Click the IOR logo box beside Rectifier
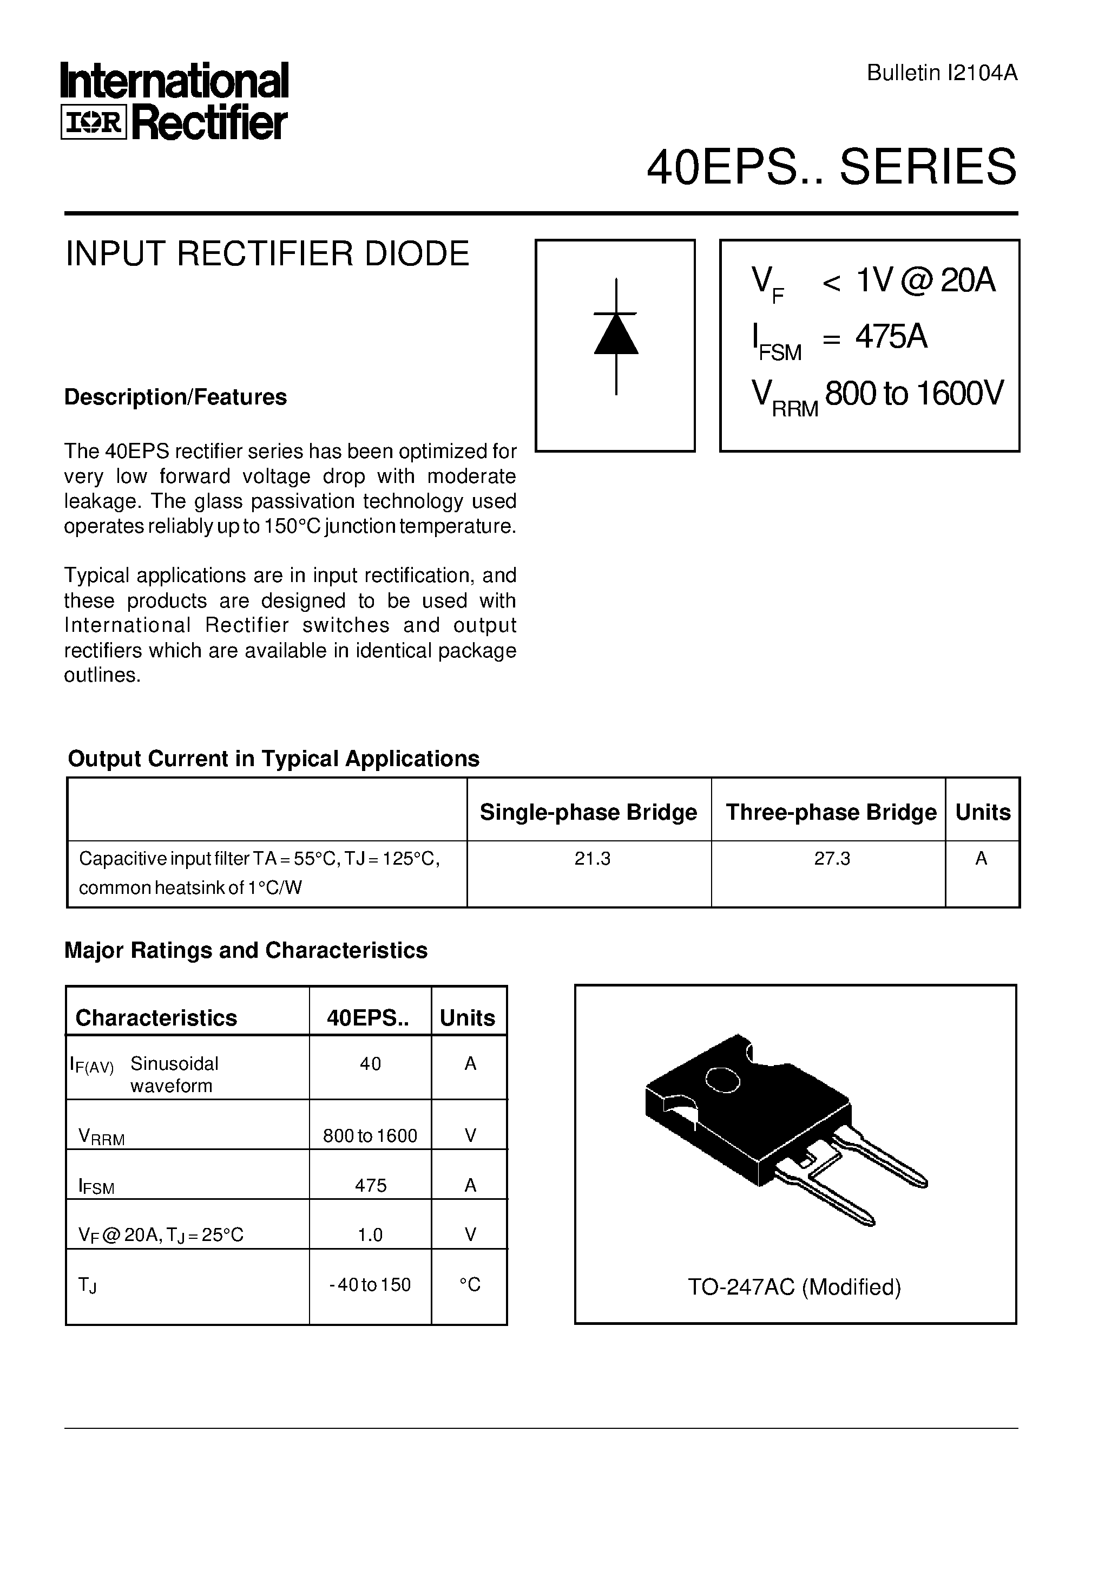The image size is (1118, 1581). [94, 122]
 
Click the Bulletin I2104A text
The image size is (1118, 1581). [941, 73]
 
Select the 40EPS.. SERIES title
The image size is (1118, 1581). [831, 167]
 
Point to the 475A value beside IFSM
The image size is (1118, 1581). [891, 337]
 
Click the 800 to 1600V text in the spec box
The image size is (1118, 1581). [913, 393]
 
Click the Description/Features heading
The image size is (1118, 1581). [175, 397]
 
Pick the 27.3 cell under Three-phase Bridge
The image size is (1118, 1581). [832, 859]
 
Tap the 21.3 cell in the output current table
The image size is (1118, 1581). [592, 859]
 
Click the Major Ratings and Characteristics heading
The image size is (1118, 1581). [246, 950]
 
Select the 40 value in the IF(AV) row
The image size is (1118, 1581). [370, 1064]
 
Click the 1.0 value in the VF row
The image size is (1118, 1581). [370, 1234]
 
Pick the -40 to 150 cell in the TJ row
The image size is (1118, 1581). [370, 1285]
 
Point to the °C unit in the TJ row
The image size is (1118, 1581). [470, 1285]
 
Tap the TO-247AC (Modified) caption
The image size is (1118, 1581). [794, 1287]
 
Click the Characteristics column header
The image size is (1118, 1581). [156, 1018]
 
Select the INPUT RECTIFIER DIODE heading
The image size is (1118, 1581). [267, 253]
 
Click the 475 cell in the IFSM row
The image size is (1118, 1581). [370, 1185]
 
